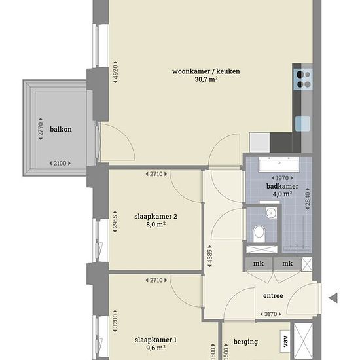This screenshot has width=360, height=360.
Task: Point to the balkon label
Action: [x=61, y=129]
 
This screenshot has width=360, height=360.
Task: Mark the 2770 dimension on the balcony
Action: [x=41, y=129]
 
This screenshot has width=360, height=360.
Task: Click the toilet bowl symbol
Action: [x=259, y=231]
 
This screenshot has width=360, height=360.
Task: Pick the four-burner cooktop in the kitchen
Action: [x=302, y=79]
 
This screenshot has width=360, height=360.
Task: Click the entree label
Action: [x=273, y=296]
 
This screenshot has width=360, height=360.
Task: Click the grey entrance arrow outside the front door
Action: [x=333, y=298]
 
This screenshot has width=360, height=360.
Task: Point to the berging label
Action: [x=245, y=342]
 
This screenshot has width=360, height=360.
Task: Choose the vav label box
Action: [x=285, y=340]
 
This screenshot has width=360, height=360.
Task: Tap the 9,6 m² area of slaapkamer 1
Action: [x=156, y=348]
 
